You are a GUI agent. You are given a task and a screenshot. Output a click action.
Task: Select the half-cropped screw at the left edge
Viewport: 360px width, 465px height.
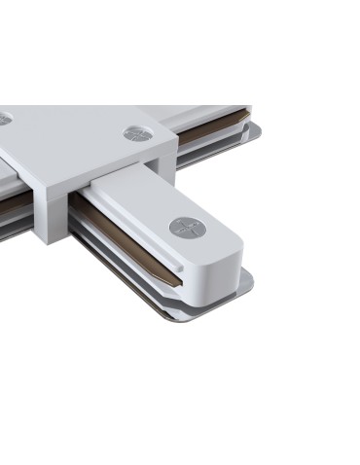coord(4,118)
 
